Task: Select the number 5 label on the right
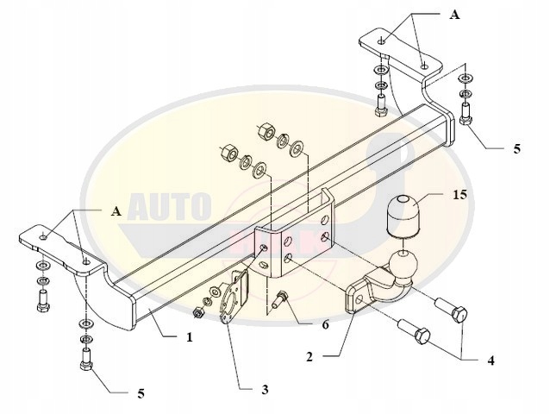coord(516,149)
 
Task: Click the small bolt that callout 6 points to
coord(281,301)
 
